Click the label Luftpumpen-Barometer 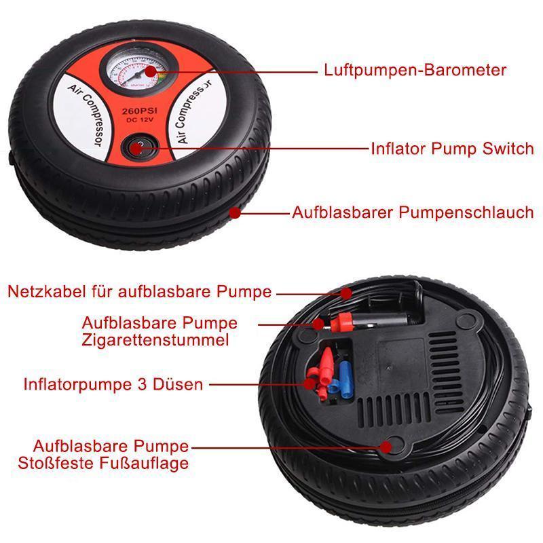pyautogui.click(x=415, y=70)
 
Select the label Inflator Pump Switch pyautogui.click(x=452, y=149)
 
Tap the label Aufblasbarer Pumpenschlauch pyautogui.click(x=413, y=212)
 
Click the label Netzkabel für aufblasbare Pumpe pyautogui.click(x=140, y=292)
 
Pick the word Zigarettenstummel pyautogui.click(x=155, y=339)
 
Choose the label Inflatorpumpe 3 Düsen pyautogui.click(x=113, y=384)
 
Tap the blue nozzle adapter pyautogui.click(x=345, y=373)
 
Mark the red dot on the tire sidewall pyautogui.click(x=235, y=212)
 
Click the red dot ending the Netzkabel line pyautogui.click(x=347, y=293)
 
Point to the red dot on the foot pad pyautogui.click(x=387, y=446)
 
